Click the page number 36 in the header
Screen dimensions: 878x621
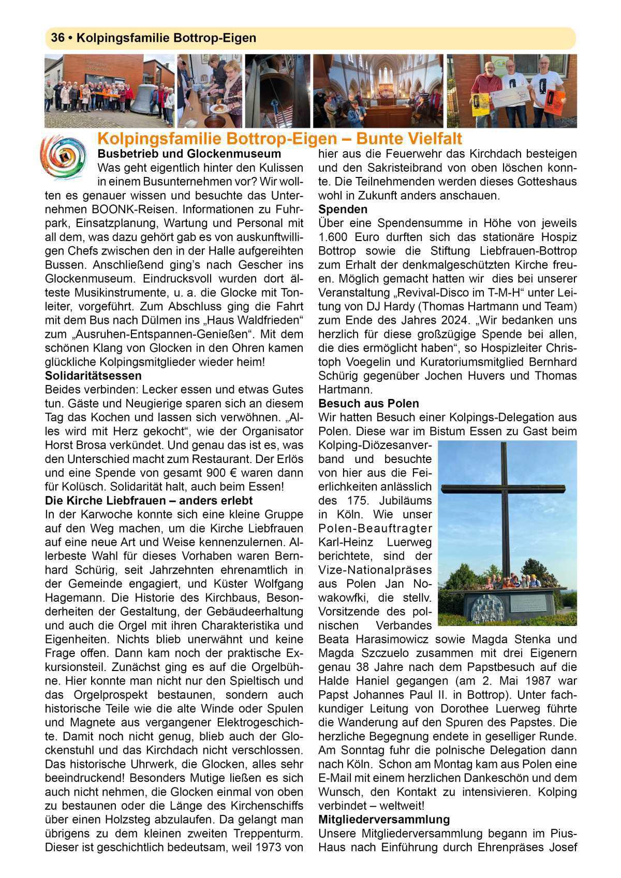[57, 38]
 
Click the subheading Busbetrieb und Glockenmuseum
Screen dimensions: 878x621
[189, 154]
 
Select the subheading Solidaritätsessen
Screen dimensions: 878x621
[93, 375]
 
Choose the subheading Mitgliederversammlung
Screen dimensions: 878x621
[384, 819]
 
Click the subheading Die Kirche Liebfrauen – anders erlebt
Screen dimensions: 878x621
[149, 500]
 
